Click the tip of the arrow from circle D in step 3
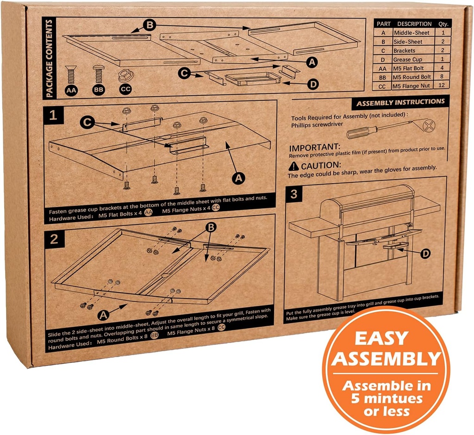(396, 249)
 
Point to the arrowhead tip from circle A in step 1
(225, 142)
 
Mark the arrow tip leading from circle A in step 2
(128, 304)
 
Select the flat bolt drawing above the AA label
(71, 75)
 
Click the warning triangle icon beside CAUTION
(293, 166)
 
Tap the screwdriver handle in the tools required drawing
(362, 132)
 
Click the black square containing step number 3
(293, 194)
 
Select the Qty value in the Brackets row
(443, 50)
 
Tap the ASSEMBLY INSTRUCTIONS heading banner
(400, 102)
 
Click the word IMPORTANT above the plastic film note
(315, 148)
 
